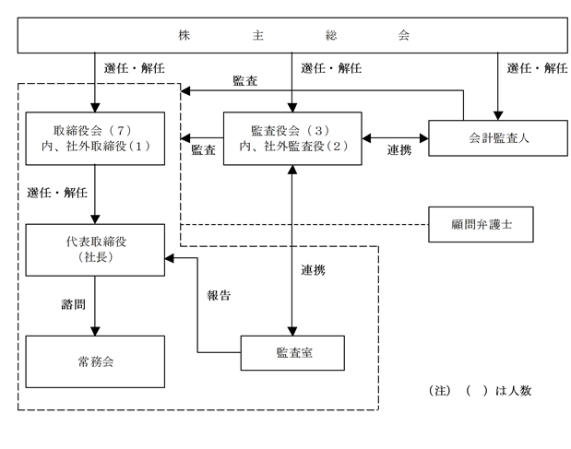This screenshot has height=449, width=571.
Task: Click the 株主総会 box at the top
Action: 292,35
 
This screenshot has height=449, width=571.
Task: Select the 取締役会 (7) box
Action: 95,138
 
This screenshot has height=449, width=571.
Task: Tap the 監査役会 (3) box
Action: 292,138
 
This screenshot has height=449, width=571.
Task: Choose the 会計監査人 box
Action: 498,138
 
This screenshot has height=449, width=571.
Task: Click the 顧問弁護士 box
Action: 481,225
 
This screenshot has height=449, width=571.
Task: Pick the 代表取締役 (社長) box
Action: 95,250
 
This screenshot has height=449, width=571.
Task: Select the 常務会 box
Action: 95,361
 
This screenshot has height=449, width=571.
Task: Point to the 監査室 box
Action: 292,353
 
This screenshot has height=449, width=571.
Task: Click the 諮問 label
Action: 73,304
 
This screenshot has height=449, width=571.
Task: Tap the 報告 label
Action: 219,295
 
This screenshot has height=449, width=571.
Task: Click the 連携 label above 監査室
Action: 314,270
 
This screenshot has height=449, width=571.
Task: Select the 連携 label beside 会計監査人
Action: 399,150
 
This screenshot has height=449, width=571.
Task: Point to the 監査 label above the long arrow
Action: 245,81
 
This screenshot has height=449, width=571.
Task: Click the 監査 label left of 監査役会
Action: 203,150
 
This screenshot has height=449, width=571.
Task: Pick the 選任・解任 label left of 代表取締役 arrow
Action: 57,193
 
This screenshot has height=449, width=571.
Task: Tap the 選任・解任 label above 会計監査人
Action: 537,68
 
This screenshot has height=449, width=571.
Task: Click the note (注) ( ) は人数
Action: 480,391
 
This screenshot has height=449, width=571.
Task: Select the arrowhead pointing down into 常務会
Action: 95,332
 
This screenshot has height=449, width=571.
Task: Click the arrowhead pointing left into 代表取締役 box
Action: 170,258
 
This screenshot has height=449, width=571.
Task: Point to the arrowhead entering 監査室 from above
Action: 292,332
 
